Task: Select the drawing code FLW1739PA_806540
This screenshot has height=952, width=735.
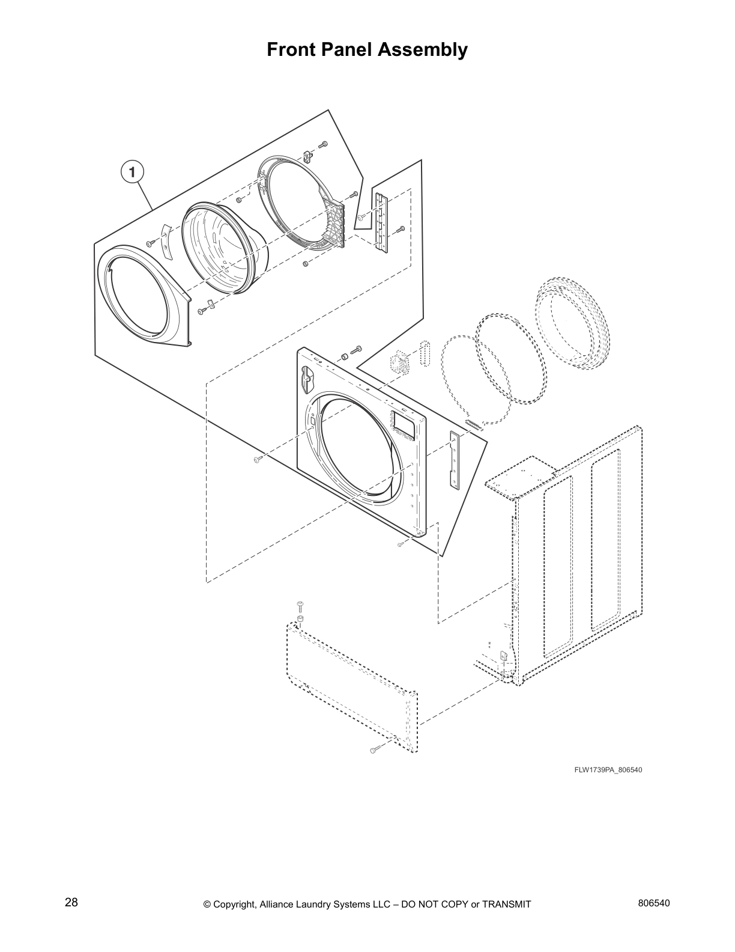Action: coord(608,770)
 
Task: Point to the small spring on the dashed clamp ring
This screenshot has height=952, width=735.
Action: coord(473,424)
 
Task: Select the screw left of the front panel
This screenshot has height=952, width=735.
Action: coord(257,460)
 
